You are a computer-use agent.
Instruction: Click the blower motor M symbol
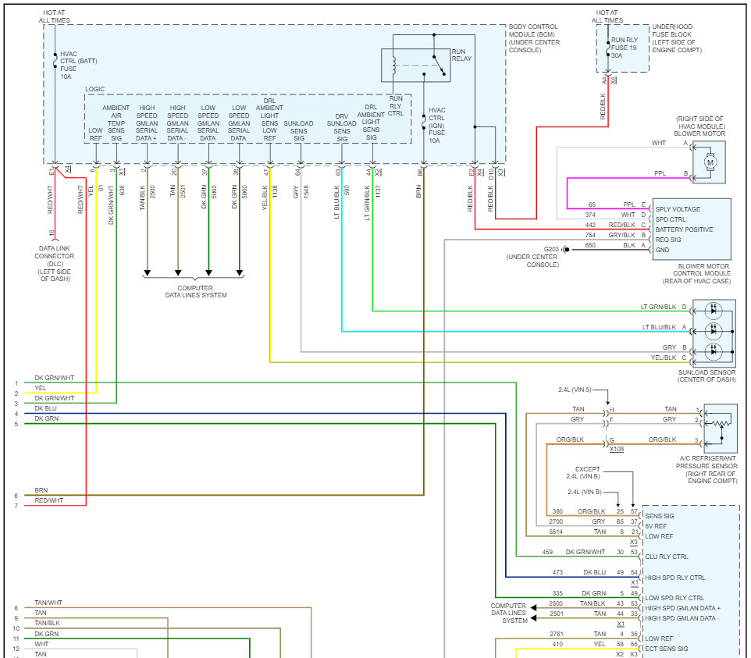click(x=710, y=162)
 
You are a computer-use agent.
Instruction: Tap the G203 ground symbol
click(x=566, y=249)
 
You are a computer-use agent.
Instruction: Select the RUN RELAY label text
click(x=461, y=55)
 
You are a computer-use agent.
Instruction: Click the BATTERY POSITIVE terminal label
click(x=683, y=229)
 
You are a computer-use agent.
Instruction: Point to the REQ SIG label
click(x=667, y=240)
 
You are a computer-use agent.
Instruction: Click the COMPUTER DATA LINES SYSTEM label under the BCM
click(x=195, y=292)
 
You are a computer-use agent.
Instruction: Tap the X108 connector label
click(x=617, y=449)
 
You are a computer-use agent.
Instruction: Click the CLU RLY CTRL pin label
click(x=666, y=557)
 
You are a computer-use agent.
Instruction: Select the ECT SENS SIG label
click(x=666, y=649)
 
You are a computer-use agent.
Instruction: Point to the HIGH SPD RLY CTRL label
click(x=674, y=578)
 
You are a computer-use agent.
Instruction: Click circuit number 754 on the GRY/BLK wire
click(x=590, y=235)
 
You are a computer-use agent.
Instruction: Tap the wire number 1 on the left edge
click(x=16, y=383)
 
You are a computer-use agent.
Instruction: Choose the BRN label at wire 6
click(x=41, y=490)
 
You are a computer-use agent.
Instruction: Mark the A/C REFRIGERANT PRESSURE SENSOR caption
click(x=707, y=469)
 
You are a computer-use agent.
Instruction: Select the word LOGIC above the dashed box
click(x=94, y=89)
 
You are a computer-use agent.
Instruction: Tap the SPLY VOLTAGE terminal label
click(x=678, y=209)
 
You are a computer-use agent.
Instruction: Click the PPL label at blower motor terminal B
click(x=660, y=173)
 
